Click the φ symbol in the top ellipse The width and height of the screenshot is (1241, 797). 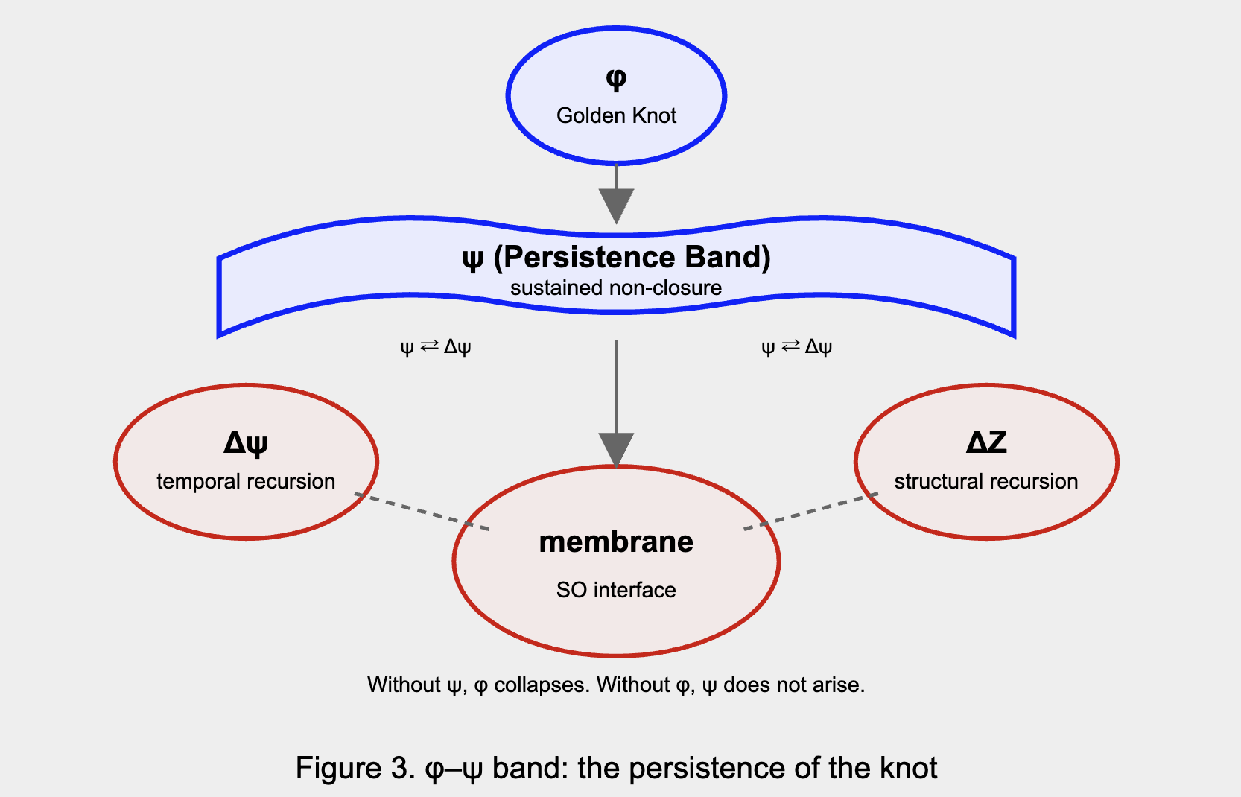(x=616, y=78)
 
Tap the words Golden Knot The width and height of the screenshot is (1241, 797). (x=616, y=115)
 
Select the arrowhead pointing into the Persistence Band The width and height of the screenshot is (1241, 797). (x=616, y=205)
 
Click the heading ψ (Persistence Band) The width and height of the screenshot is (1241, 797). (x=616, y=257)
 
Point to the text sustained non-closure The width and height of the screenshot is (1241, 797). (x=616, y=288)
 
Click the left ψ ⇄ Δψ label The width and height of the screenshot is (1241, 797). (x=436, y=346)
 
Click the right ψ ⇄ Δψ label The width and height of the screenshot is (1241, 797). (x=796, y=346)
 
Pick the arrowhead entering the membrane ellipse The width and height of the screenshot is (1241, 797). (x=616, y=449)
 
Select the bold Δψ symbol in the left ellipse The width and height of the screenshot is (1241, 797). (x=246, y=443)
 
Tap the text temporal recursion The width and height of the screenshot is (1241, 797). (x=246, y=481)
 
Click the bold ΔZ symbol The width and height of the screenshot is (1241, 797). (x=986, y=442)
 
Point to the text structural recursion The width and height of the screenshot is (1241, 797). (x=986, y=481)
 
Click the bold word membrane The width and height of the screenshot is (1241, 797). (x=616, y=542)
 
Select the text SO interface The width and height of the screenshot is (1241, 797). (x=616, y=590)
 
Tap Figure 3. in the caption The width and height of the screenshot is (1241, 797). (x=355, y=768)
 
